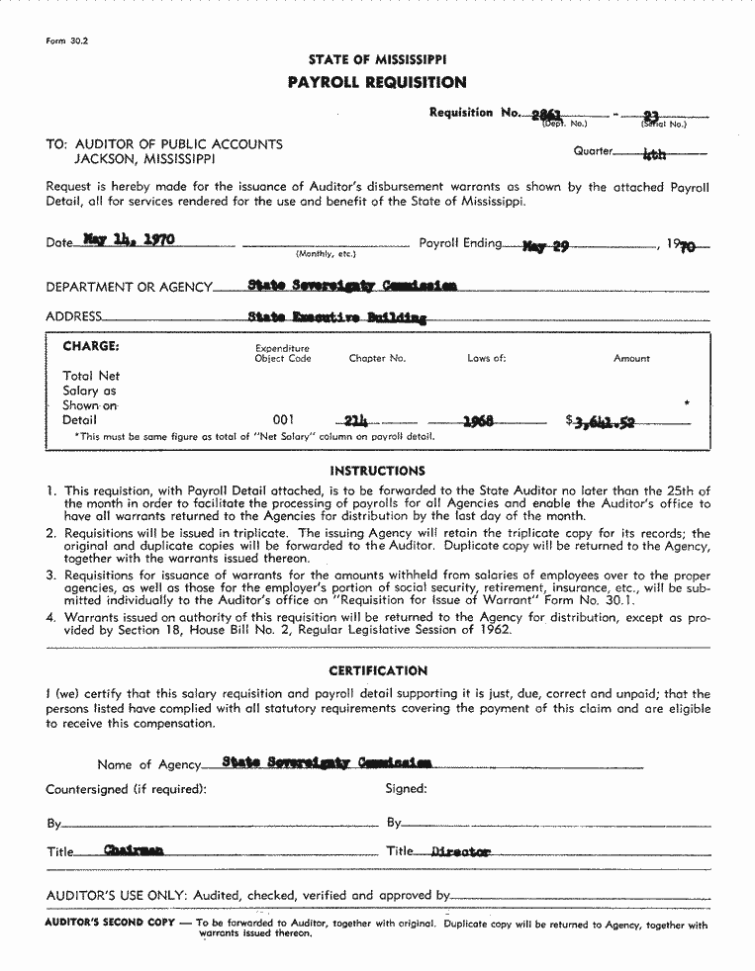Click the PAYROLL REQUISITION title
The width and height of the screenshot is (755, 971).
(x=376, y=82)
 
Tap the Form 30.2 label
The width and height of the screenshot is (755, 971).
(x=60, y=42)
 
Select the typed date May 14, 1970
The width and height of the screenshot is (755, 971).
(x=124, y=240)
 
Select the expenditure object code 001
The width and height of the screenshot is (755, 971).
(x=283, y=420)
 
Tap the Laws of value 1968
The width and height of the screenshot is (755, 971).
(x=478, y=421)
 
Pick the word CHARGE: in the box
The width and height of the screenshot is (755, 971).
(x=91, y=346)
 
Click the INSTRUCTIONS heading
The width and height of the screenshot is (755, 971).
(x=377, y=471)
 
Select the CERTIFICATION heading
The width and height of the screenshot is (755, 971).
(x=378, y=670)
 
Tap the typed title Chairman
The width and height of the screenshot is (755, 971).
(x=134, y=850)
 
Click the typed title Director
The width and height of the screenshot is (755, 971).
(x=461, y=851)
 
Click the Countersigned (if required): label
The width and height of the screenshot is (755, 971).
(x=126, y=789)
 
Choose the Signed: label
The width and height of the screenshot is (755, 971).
(x=406, y=789)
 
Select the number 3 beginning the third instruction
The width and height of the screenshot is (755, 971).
(x=50, y=574)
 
